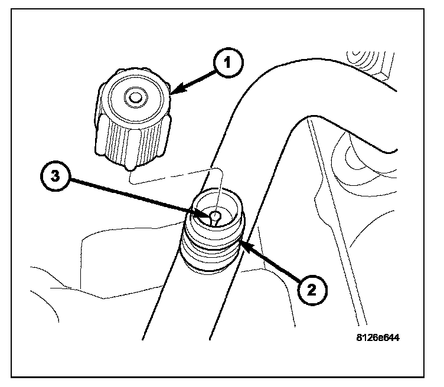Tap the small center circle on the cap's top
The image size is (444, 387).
[x=136, y=96]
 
